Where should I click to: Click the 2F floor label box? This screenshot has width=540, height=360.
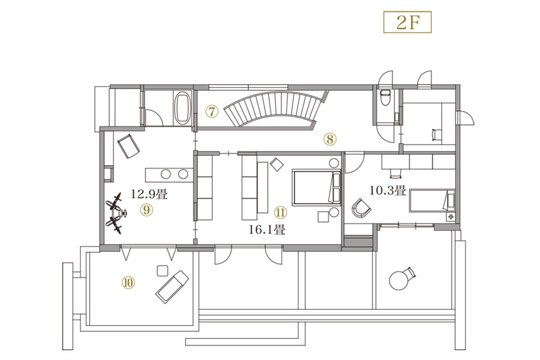point(407,22)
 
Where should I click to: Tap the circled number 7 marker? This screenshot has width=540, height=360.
point(212,111)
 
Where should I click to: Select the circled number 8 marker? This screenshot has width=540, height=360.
point(329,139)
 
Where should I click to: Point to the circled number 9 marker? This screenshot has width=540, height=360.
point(147,209)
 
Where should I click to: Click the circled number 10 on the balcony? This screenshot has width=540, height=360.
point(128,283)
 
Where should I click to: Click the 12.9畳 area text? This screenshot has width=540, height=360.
point(149,194)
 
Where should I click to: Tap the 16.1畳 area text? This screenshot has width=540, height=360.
point(267,229)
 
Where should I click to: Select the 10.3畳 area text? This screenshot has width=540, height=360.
point(388,190)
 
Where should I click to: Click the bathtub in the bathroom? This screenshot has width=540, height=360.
point(183,108)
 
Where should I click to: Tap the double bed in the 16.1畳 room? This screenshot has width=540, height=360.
point(316,188)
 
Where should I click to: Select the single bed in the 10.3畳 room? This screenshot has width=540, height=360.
point(432,201)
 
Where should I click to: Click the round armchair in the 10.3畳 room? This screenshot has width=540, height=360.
point(361,208)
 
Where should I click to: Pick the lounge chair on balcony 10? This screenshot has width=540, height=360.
point(172,287)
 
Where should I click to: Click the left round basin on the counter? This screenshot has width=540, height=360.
point(166,174)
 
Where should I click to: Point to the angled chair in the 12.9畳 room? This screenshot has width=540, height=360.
point(129,147)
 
